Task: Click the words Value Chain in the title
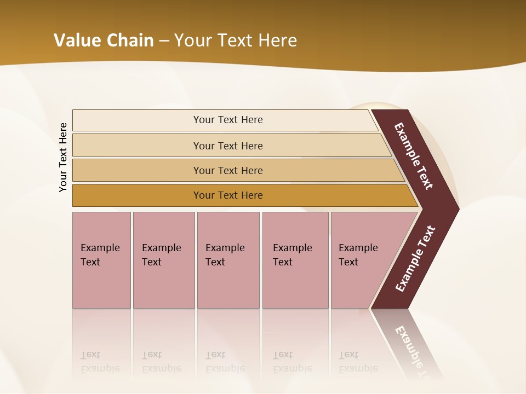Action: coord(104,40)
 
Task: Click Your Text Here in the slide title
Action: coord(236,40)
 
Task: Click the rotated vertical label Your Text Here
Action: coord(63,157)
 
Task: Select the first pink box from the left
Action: coord(101,260)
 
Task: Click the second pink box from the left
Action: coord(163,260)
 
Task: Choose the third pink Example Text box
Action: coord(228,260)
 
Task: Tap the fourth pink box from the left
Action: coord(295,260)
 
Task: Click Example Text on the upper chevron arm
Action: coord(414,156)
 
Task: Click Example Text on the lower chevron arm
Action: coord(415,259)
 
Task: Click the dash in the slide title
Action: coord(164,40)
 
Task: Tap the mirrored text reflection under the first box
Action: coord(100,362)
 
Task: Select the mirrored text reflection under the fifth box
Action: coord(358,362)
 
